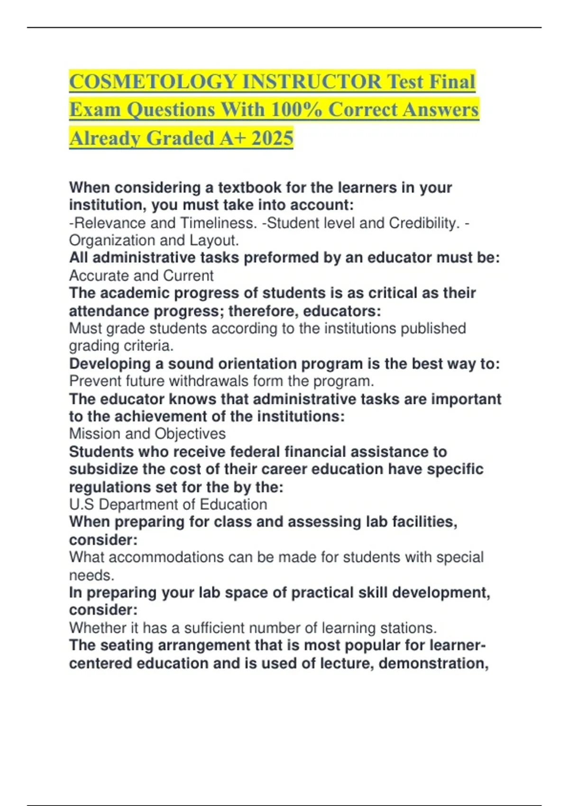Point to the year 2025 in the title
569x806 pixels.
(x=273, y=138)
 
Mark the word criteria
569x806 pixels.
(x=148, y=346)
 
